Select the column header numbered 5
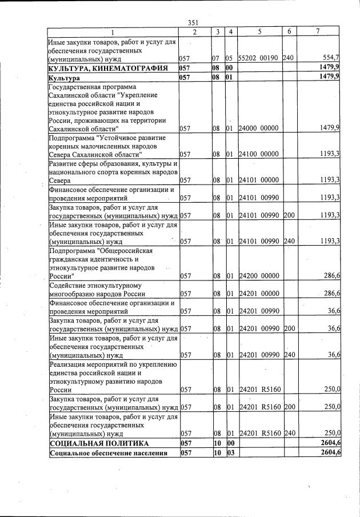point(259,31)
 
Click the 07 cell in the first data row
point(215,58)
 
